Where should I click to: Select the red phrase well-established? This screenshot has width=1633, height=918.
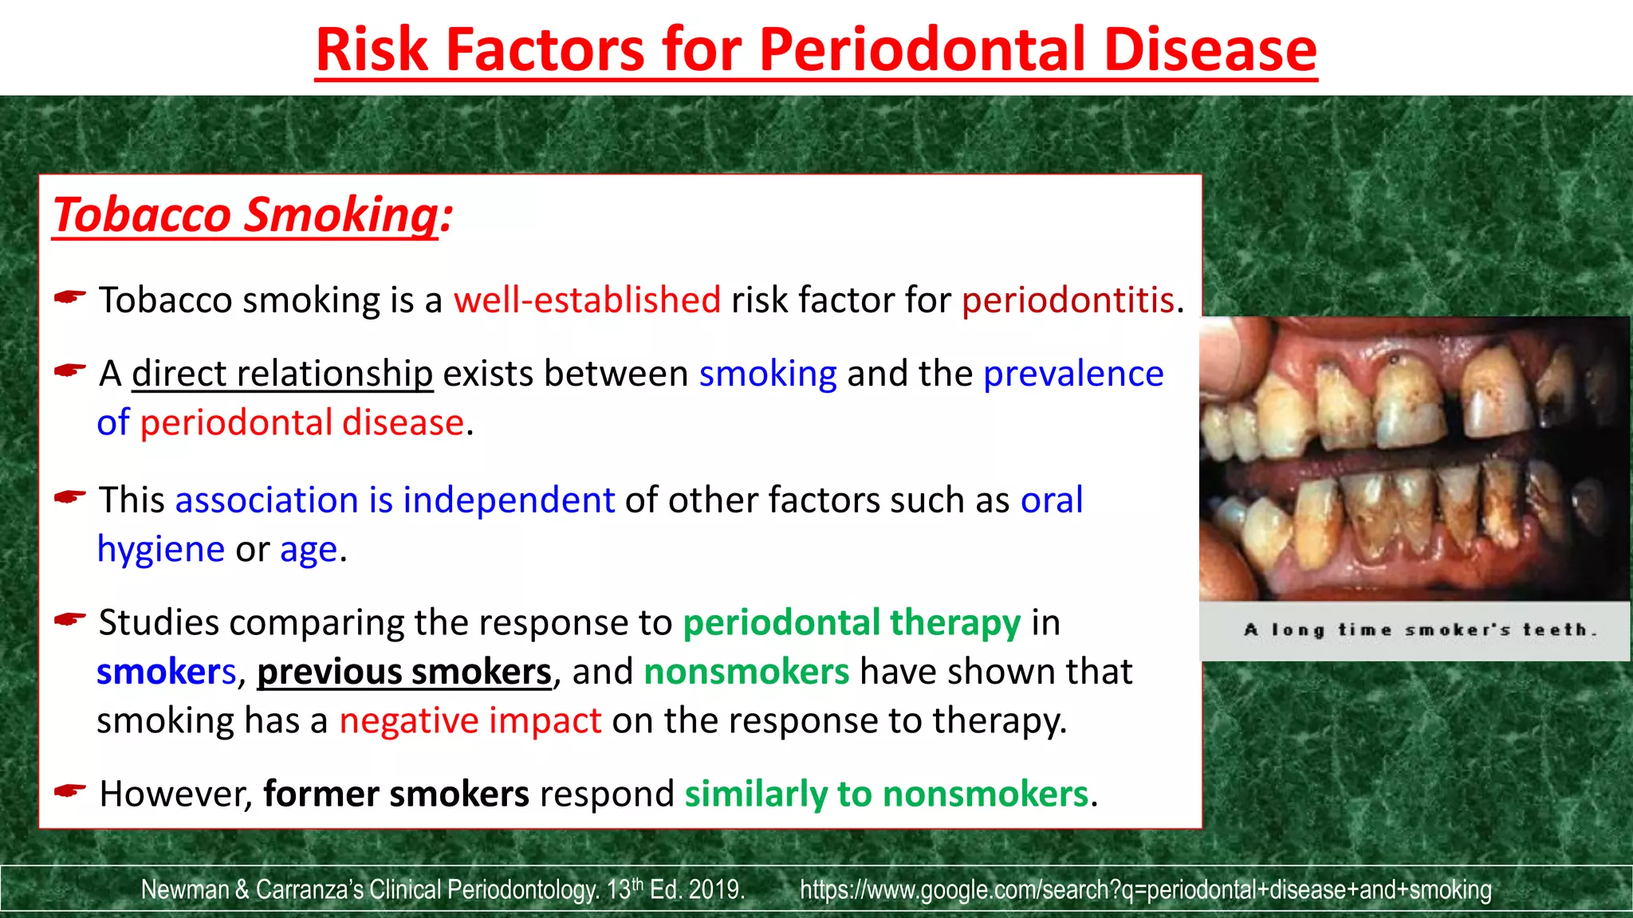587,300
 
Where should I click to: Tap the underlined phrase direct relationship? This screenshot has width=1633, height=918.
282,374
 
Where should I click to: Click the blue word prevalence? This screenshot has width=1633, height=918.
1073,374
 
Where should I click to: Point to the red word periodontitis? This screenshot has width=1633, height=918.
1068,300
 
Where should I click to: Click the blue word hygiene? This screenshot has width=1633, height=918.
160,549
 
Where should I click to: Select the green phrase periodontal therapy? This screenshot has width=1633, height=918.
852,622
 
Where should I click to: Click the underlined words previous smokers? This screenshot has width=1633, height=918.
404,672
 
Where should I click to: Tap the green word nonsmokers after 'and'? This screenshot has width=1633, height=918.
746,672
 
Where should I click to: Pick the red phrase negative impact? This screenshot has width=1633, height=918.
470,720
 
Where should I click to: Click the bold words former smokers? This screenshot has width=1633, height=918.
396,794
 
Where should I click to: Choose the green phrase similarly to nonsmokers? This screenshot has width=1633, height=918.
887,794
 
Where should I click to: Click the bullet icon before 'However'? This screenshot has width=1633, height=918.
70,791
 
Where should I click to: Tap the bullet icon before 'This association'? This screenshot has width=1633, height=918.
70,497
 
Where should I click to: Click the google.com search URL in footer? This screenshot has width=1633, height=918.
1145,889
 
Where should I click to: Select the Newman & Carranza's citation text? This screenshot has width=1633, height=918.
443,889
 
